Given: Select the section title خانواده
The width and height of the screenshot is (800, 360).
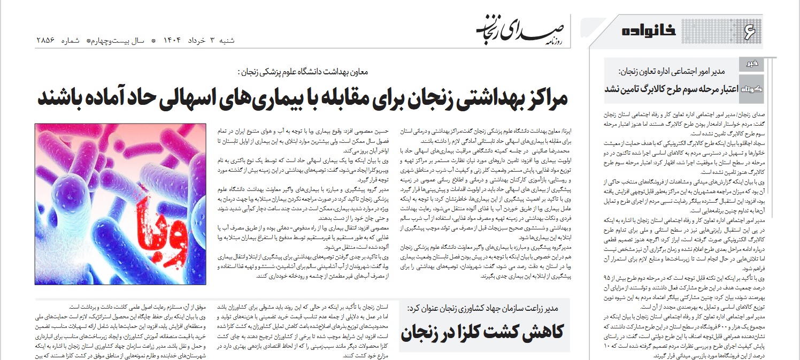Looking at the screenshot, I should (649, 31).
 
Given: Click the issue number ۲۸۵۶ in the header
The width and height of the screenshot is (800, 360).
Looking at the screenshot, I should (47, 41).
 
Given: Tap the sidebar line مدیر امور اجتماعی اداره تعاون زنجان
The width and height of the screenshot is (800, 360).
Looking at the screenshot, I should (672, 71).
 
